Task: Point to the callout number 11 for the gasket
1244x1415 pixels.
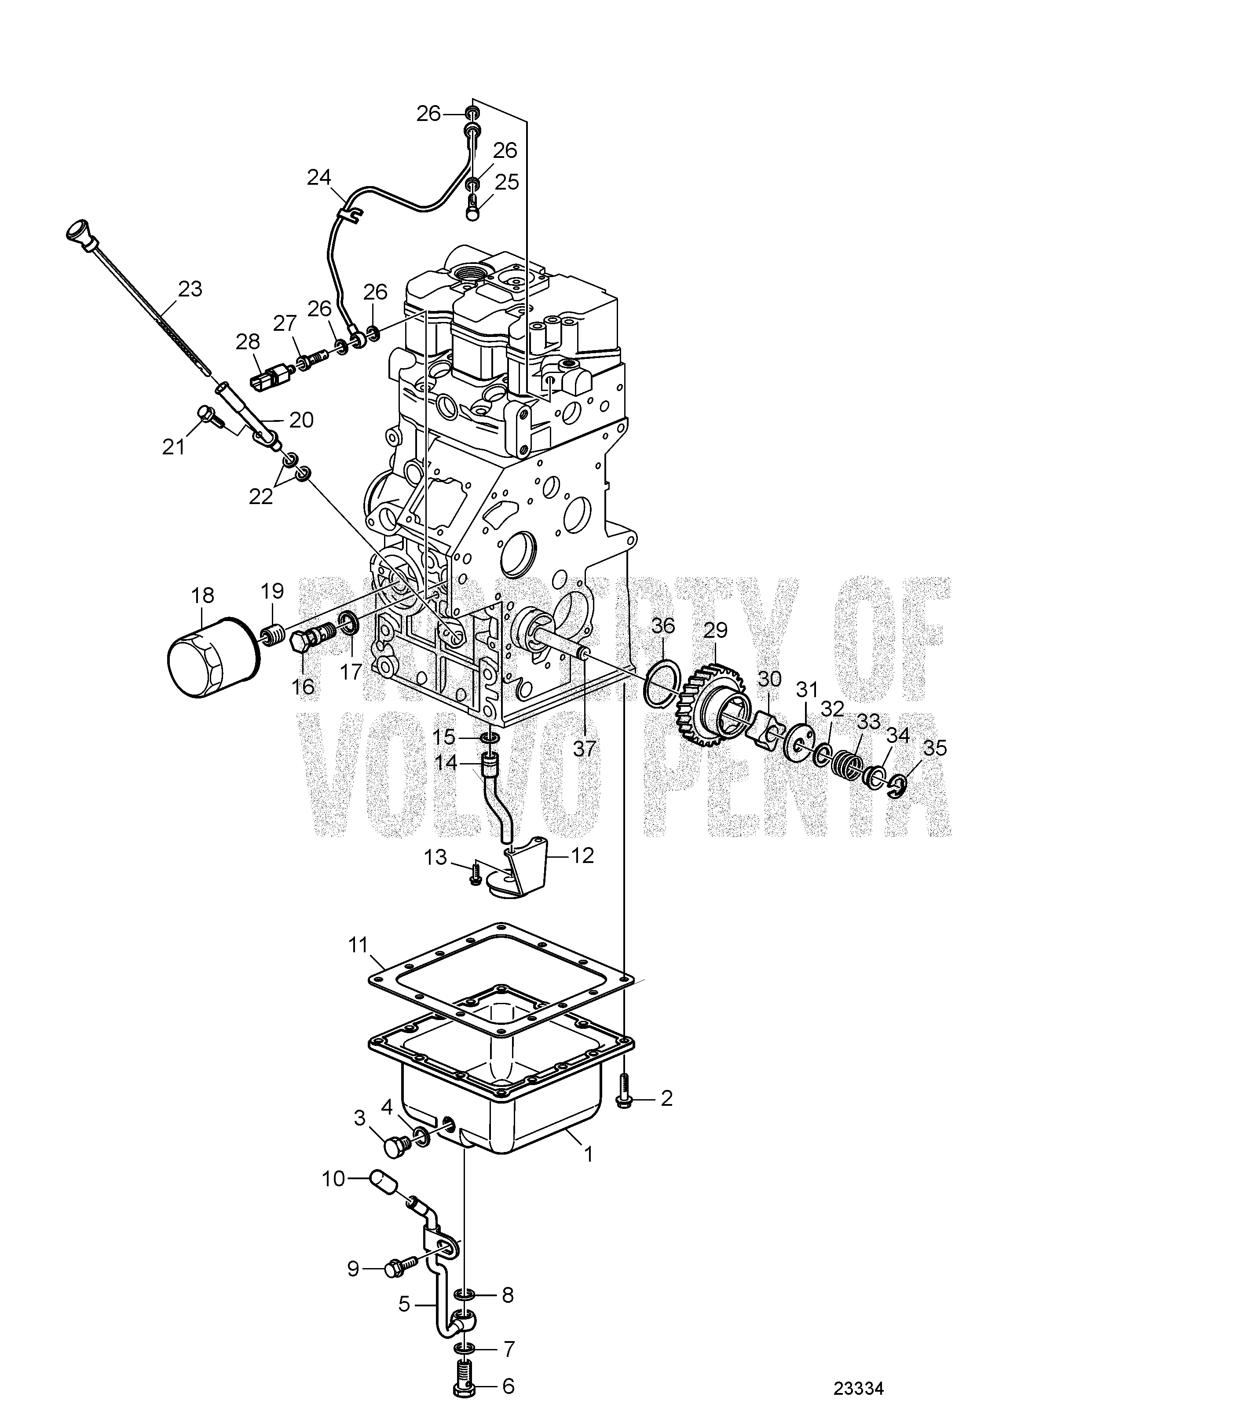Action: coord(358,944)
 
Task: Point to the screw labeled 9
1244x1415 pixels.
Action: coord(399,1264)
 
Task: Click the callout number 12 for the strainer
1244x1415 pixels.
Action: coord(583,856)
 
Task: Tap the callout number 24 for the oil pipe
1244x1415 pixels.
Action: coord(319,178)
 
